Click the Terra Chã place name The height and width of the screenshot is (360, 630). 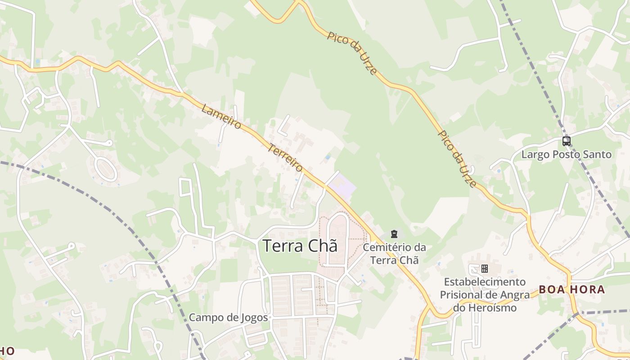click(x=300, y=246)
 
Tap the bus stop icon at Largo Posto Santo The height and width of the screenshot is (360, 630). click(x=567, y=141)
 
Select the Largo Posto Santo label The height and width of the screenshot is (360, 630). click(x=567, y=155)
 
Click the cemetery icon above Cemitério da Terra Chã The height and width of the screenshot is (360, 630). click(x=394, y=234)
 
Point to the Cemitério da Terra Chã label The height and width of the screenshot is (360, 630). click(x=394, y=253)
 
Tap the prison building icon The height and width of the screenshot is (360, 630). click(x=485, y=269)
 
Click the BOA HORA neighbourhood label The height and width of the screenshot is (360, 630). click(x=571, y=290)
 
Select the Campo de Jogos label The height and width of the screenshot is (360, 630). click(x=228, y=317)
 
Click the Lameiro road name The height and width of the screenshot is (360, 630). click(x=221, y=117)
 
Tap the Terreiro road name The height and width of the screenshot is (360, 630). click(x=285, y=157)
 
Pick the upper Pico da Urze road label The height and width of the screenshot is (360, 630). click(x=352, y=53)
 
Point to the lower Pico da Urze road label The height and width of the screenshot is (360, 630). click(x=457, y=159)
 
